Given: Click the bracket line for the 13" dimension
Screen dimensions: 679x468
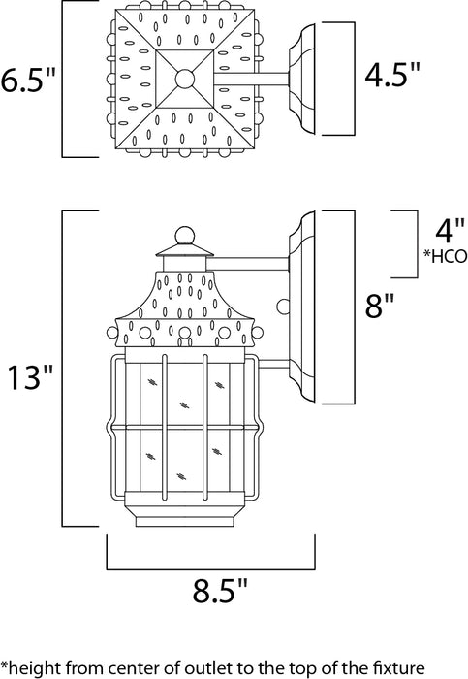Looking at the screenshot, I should click(x=63, y=370).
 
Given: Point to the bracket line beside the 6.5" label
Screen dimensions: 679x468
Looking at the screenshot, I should click(x=63, y=78).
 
